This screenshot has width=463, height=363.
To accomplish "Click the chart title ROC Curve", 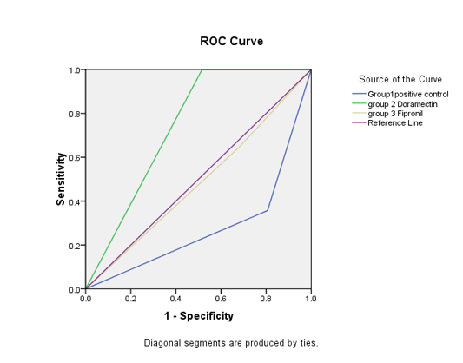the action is [x=231, y=41].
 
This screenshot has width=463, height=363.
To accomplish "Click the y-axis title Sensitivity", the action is [x=61, y=179].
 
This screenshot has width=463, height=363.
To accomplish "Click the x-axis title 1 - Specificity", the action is [x=199, y=316].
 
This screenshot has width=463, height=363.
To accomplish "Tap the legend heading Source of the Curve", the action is [x=400, y=79].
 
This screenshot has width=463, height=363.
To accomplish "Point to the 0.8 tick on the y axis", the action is [x=75, y=114].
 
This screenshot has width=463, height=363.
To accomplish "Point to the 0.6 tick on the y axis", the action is [x=75, y=157].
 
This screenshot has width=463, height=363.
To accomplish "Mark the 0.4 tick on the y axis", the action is [x=75, y=201].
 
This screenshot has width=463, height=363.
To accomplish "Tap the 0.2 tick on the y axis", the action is [x=75, y=246].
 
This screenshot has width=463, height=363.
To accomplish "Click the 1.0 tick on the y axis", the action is [x=75, y=70].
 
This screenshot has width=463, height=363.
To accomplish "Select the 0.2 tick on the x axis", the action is [x=130, y=299].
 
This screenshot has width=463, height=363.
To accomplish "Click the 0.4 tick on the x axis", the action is [x=175, y=299].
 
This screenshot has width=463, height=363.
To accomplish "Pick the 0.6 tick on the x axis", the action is [x=221, y=299].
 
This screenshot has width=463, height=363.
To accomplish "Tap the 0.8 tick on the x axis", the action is [x=266, y=299].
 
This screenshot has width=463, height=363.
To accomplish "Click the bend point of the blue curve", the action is [x=268, y=210].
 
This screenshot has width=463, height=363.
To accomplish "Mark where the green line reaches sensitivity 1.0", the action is [x=202, y=70].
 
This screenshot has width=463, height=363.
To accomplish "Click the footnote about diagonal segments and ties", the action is [x=231, y=343].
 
